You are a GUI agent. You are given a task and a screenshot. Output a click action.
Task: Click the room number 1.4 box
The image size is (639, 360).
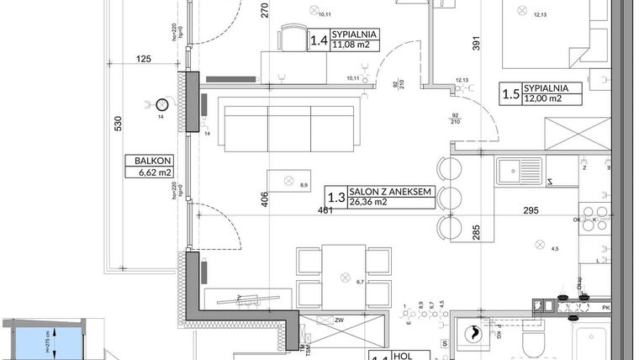tap(319, 40)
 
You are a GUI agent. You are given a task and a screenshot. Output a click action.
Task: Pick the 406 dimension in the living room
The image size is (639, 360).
tap(264, 199)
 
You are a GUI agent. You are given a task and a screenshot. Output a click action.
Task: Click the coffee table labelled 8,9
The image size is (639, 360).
tap(290, 181)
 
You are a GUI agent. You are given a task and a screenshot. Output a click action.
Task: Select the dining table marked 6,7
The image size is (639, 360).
tap(345, 277)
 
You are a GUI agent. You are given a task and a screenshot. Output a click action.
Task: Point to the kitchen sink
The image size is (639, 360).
tap(519, 172)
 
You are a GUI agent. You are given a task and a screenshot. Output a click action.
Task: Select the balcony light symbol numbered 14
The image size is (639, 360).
tap(161, 104)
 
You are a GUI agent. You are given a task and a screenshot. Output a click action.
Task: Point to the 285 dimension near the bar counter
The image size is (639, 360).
tap(475, 231)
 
